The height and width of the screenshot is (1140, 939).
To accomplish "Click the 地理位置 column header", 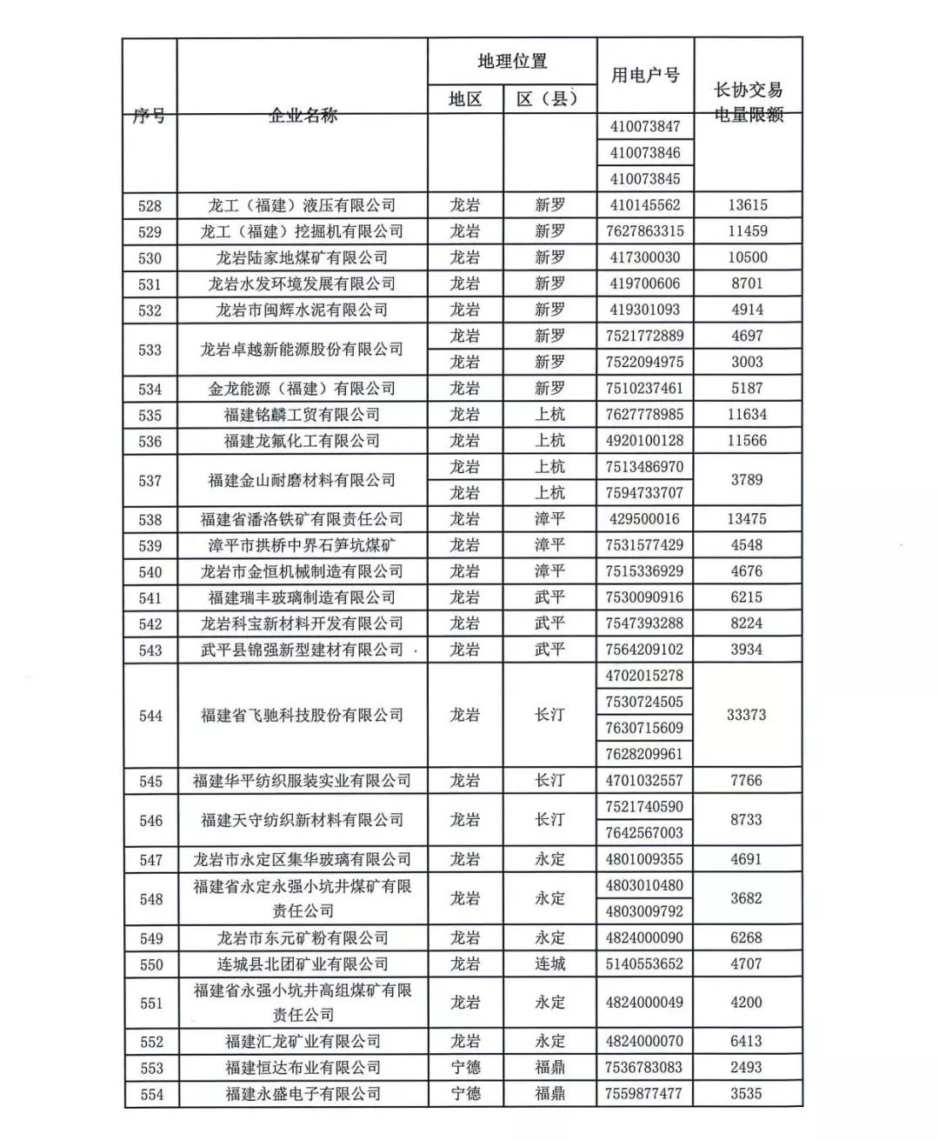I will [512, 62].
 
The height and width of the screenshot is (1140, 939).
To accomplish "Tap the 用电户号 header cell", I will [645, 76].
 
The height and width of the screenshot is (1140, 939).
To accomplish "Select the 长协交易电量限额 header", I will [748, 102].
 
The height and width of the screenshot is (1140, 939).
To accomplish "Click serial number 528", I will [150, 206].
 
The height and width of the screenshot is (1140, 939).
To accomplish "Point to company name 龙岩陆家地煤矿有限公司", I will [302, 258].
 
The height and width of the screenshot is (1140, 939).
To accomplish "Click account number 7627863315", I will [645, 231].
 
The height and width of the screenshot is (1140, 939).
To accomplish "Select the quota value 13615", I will [747, 205].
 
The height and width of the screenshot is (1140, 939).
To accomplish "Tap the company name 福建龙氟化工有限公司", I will [302, 441].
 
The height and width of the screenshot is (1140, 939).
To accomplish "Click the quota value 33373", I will [747, 715].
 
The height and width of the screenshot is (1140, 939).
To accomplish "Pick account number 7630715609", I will [645, 728].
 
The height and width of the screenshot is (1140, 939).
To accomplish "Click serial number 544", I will [150, 716].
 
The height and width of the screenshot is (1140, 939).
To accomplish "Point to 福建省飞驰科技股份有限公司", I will [302, 716].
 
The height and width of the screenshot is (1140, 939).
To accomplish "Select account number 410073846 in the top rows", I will [645, 153].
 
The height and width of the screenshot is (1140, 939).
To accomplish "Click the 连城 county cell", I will [549, 963].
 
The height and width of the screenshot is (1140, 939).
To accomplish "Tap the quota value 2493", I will [747, 1067].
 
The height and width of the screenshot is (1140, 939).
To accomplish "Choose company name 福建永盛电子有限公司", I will [303, 1094].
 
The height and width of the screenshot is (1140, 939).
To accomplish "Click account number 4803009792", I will [645, 911].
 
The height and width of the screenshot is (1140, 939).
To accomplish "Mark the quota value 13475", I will [747, 519].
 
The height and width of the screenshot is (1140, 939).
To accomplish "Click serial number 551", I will [150, 1003].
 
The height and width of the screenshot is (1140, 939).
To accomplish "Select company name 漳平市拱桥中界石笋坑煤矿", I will [302, 545].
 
